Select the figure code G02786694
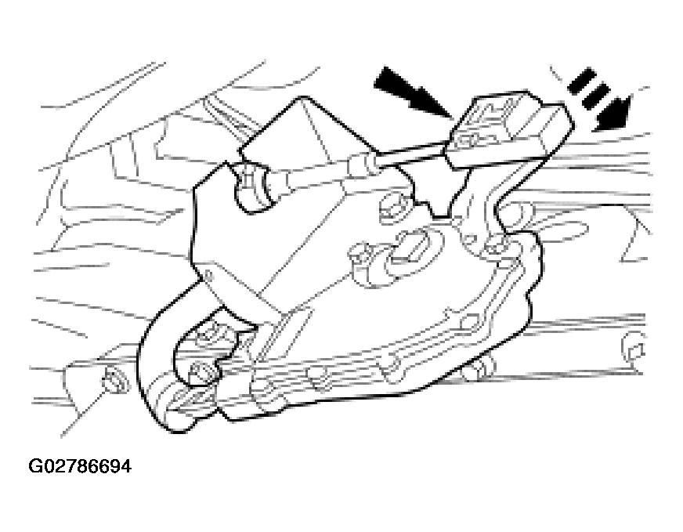(80, 466)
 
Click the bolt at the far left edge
(114, 382)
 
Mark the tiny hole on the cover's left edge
(209, 275)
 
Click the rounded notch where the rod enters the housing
(250, 188)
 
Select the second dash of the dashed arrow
(598, 96)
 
